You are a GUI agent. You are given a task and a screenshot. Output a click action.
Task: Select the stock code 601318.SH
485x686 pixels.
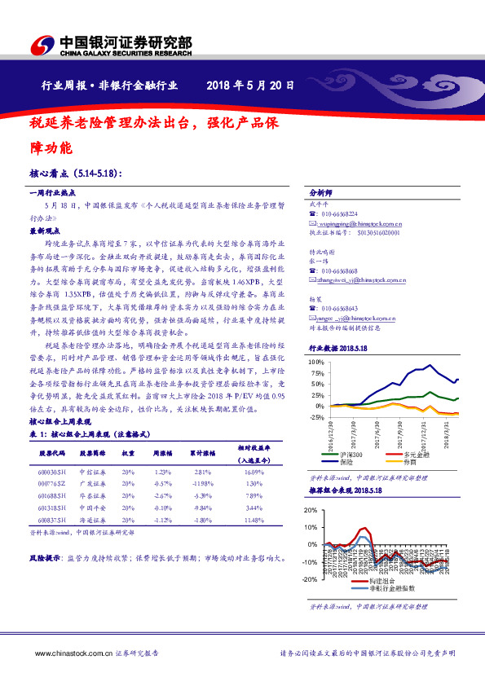point(53,506)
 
